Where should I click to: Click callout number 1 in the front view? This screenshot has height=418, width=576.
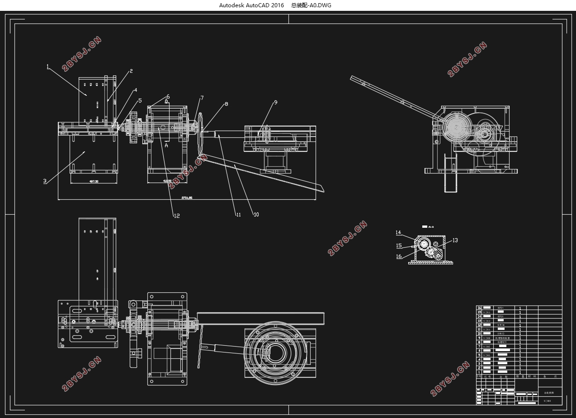point(47,66)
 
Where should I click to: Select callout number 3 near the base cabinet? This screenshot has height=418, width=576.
point(45,181)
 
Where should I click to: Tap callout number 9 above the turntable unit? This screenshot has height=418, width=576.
point(275,103)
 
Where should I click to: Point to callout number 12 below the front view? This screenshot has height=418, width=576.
point(176,216)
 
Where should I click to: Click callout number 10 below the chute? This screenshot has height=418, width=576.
point(256,215)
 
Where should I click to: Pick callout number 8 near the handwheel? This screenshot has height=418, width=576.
point(226,104)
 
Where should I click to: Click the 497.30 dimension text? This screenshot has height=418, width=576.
point(94,182)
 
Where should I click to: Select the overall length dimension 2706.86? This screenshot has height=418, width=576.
point(187,198)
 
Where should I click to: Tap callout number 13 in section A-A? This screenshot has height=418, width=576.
point(455,240)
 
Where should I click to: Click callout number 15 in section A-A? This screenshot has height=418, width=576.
point(399,246)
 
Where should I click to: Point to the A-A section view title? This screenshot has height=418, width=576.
point(430,226)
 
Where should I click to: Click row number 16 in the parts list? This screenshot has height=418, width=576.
point(479,308)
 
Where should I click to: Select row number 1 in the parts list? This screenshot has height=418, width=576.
point(479,372)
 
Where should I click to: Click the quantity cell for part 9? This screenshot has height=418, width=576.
point(520,338)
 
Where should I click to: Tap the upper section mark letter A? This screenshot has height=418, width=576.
point(166,101)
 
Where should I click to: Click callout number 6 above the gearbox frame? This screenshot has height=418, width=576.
point(168,97)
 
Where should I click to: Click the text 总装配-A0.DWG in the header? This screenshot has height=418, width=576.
point(312,5)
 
